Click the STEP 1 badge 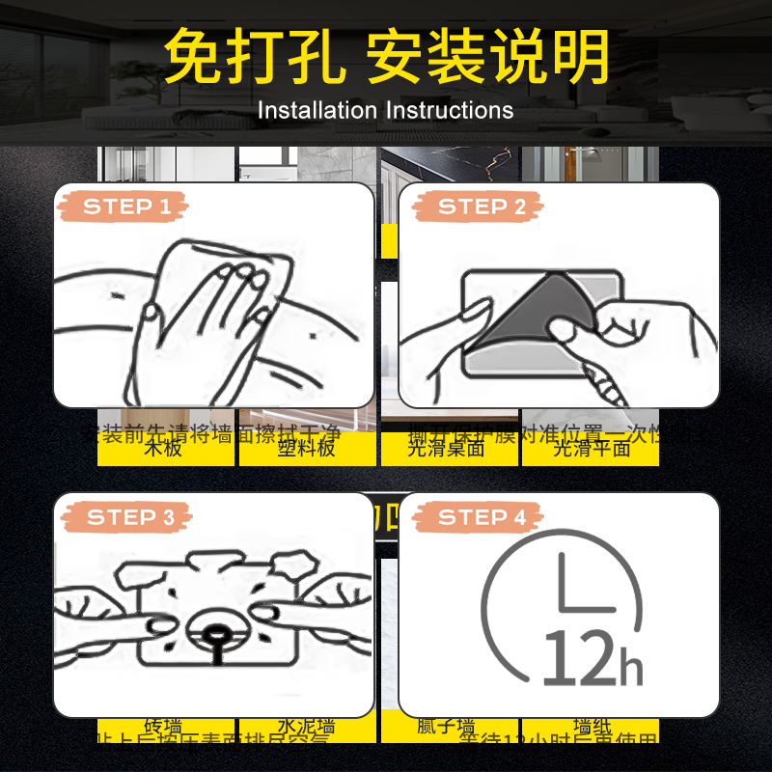tap(125, 207)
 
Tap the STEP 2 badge tap(481, 207)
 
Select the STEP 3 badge tap(125, 517)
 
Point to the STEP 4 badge tap(481, 517)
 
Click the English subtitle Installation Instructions tap(385, 110)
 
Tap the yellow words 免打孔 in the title tap(253, 58)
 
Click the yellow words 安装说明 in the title tap(487, 58)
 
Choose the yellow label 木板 tap(163, 449)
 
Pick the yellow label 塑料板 tap(306, 449)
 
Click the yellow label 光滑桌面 tap(446, 449)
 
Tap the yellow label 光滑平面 tap(591, 449)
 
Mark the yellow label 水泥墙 tap(306, 727)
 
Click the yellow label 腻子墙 tap(446, 727)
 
